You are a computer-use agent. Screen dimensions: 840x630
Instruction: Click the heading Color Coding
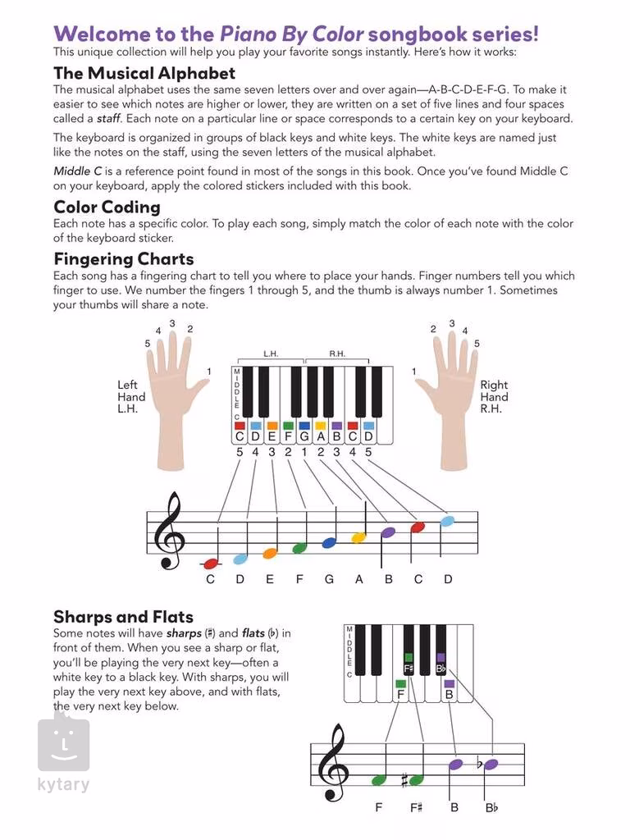pyautogui.click(x=107, y=207)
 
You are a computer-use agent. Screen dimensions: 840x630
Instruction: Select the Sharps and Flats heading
pyautogui.click(x=123, y=617)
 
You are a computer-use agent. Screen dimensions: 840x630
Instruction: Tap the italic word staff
pyautogui.click(x=102, y=118)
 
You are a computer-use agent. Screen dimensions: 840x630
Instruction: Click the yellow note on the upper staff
pyautogui.click(x=358, y=537)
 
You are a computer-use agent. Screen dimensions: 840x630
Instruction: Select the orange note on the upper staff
pyautogui.click(x=269, y=553)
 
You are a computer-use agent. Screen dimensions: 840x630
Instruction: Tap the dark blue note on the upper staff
pyautogui.click(x=329, y=542)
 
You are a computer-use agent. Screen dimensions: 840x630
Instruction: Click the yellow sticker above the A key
pyautogui.click(x=321, y=426)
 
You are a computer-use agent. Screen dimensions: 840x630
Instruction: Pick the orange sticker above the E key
pyautogui.click(x=272, y=426)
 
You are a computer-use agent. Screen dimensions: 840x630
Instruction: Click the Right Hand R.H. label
pyautogui.click(x=493, y=397)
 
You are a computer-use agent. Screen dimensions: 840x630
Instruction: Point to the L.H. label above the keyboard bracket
pyautogui.click(x=271, y=354)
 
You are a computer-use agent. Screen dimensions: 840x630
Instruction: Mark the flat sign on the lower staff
pyautogui.click(x=480, y=765)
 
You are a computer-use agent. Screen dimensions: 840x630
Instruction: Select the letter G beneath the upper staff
pyautogui.click(x=329, y=579)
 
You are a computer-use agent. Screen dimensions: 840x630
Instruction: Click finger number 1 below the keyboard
pyautogui.click(x=304, y=451)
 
